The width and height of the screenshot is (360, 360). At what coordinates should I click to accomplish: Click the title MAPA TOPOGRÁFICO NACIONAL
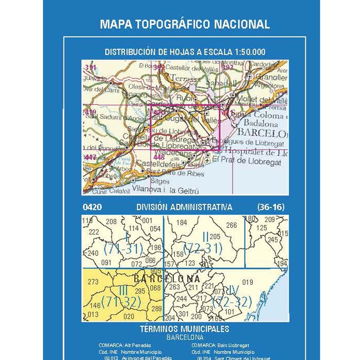click(185, 24)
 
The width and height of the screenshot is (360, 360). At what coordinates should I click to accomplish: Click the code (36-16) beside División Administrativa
click(271, 207)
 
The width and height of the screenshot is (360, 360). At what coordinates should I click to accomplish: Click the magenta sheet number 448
click(159, 157)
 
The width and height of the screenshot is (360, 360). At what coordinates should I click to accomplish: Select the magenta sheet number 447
click(91, 157)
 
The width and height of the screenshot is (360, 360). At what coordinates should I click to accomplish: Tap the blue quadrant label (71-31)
click(123, 249)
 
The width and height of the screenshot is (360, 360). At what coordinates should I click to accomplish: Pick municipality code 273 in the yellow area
click(92, 282)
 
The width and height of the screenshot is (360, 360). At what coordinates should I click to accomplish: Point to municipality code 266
click(232, 226)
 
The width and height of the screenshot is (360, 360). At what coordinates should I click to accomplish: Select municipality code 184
click(182, 223)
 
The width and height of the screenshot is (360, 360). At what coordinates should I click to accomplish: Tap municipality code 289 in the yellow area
click(157, 308)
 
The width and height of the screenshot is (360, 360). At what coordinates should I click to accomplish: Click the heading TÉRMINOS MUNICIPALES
click(185, 329)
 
